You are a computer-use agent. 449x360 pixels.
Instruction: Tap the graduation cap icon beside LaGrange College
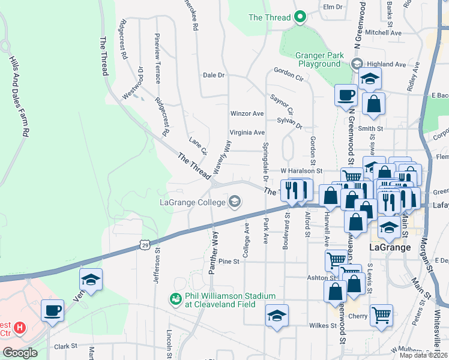[x=235, y=202]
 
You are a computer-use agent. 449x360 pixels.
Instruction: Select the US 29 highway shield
[x=144, y=244]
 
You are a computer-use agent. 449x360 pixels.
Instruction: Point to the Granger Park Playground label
[x=319, y=59]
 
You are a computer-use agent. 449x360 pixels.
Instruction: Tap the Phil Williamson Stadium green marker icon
[x=176, y=299]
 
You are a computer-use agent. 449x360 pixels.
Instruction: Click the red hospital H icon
[x=20, y=328]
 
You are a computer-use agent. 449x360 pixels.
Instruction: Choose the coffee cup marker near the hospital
[x=52, y=310]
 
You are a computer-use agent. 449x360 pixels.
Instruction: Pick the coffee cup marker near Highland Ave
[x=346, y=94]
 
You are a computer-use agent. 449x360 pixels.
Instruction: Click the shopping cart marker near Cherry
[x=381, y=314]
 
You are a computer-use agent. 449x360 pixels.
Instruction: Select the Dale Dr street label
[x=213, y=75]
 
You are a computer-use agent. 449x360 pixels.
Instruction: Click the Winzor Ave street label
[x=247, y=113]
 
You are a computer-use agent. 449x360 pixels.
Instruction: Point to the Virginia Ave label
[x=247, y=133]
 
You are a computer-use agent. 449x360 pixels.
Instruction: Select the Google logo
[x=19, y=353]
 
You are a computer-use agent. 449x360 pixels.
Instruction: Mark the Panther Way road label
[x=212, y=252]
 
